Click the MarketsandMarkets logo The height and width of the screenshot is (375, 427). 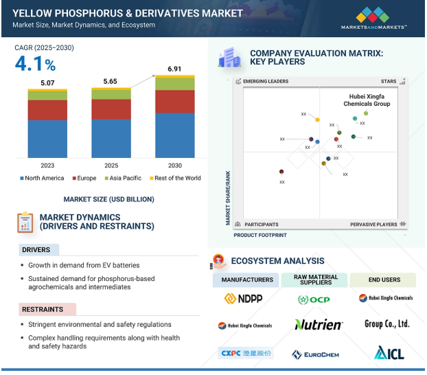[x=373, y=18]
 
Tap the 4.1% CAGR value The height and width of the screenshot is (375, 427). [x=36, y=65]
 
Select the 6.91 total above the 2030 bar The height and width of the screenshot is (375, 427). [x=175, y=69]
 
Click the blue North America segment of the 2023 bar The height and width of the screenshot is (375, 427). [x=47, y=139]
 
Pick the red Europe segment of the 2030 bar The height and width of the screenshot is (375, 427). [x=175, y=102]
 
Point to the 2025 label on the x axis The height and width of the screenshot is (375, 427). [x=111, y=166]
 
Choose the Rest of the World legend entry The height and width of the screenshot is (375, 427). [x=174, y=179]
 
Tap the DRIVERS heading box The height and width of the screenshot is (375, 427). [x=38, y=249]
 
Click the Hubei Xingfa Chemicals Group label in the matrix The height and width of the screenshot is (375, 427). [x=367, y=100]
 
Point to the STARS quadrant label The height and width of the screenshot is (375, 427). [x=389, y=81]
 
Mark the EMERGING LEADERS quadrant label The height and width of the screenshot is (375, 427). [x=265, y=81]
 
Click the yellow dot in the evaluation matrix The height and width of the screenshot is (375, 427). [x=317, y=120]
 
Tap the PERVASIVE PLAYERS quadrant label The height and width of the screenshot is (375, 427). [x=373, y=225]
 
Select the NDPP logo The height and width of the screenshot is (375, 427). [x=244, y=299]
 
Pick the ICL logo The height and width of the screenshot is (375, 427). [x=389, y=353]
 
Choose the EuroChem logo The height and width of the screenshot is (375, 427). [x=315, y=354]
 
